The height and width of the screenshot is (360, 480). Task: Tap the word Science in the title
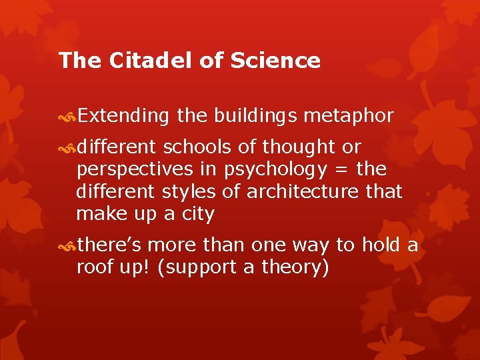(x=275, y=61)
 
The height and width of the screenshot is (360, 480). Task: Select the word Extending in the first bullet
(x=123, y=116)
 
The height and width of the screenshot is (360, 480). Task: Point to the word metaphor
(x=348, y=116)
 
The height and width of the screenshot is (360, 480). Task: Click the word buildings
(x=256, y=116)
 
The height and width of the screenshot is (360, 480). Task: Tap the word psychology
(x=275, y=169)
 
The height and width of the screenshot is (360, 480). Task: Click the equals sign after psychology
(x=341, y=169)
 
